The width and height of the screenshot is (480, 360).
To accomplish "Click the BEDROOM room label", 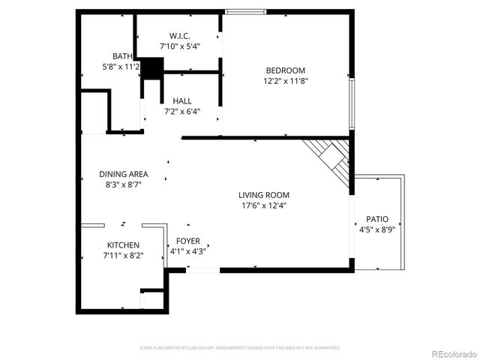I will [x=284, y=70].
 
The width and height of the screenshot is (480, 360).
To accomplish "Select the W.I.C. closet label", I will [x=178, y=36].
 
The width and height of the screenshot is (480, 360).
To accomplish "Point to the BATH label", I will [x=122, y=56].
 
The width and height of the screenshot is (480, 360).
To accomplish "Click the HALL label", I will [x=182, y=101].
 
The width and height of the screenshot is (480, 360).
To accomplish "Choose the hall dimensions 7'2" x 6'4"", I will [x=182, y=112].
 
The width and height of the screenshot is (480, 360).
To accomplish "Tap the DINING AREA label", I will [x=124, y=174].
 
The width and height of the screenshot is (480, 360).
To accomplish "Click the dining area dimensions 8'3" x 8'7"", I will [x=124, y=184].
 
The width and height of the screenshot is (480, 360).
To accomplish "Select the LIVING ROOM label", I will [x=264, y=195].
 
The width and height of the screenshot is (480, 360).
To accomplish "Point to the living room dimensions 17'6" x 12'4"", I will [x=264, y=205].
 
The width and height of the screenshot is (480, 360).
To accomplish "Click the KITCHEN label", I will [x=123, y=245].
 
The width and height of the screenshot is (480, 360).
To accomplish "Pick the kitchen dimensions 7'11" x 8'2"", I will [x=123, y=256].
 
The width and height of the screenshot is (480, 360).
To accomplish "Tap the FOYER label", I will [x=188, y=241].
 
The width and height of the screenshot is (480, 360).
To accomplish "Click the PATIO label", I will [x=377, y=220].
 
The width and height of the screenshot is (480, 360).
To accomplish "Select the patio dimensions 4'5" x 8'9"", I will [x=377, y=229].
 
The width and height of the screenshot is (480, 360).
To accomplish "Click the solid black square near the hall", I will [x=152, y=68].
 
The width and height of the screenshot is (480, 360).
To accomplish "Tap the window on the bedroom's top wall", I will [x=246, y=11].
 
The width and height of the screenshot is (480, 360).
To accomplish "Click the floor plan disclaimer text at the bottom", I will [x=240, y=348].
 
